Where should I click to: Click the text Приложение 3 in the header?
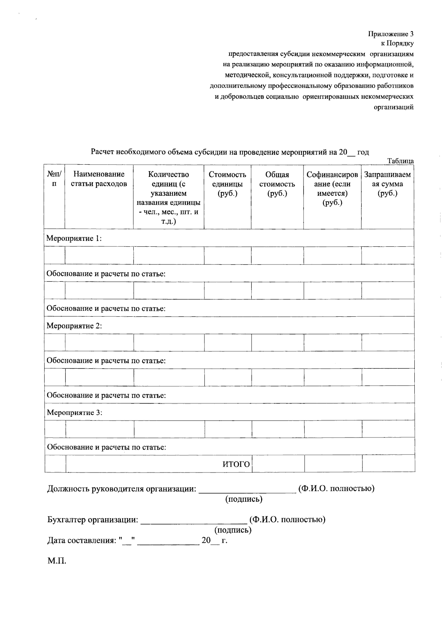tap(391, 34)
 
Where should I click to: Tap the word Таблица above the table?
tap(400, 161)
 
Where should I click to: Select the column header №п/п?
tap(54, 179)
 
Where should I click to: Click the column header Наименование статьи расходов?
tap(99, 179)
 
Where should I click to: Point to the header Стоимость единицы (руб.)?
tap(227, 184)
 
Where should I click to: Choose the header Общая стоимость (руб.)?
tap(277, 184)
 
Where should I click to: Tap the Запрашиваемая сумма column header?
tap(387, 184)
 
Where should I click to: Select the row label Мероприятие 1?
tap(74, 238)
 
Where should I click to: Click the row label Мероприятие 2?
tap(74, 326)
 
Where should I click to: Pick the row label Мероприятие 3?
tap(74, 412)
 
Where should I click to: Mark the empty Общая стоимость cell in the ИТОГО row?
tap(278, 464)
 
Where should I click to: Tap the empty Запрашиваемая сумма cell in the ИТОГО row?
tap(388, 464)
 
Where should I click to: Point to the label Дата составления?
tap(81, 541)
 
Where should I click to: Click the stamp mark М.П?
tap(56, 562)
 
